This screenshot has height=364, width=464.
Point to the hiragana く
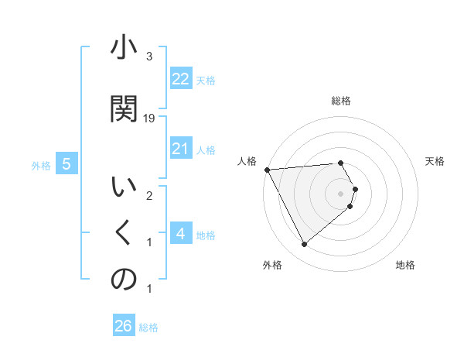pyautogui.click(x=124, y=232)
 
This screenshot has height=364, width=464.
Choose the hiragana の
pyautogui.click(x=124, y=280)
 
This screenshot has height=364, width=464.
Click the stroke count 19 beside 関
pyautogui.click(x=150, y=118)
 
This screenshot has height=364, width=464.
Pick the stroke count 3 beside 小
pyautogui.click(x=149, y=57)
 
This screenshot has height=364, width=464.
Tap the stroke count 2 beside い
pyautogui.click(x=149, y=196)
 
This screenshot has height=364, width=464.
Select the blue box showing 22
pyautogui.click(x=181, y=79)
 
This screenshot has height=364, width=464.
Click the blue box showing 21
pyautogui.click(x=181, y=149)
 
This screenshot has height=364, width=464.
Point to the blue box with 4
pyautogui.click(x=181, y=234)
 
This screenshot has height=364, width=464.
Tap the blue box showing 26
pyautogui.click(x=124, y=326)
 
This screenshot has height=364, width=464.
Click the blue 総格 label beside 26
pyautogui.click(x=148, y=328)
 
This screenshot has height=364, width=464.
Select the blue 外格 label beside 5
pyautogui.click(x=41, y=165)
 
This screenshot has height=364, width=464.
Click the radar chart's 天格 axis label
pyautogui.click(x=435, y=161)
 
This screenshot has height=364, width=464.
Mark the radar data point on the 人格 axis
pyautogui.click(x=267, y=170)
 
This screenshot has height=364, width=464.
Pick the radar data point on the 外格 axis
pyautogui.click(x=304, y=245)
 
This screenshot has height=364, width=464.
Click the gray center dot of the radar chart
pyautogui.click(x=341, y=192)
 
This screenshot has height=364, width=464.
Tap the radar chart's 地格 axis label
pyautogui.click(x=405, y=265)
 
